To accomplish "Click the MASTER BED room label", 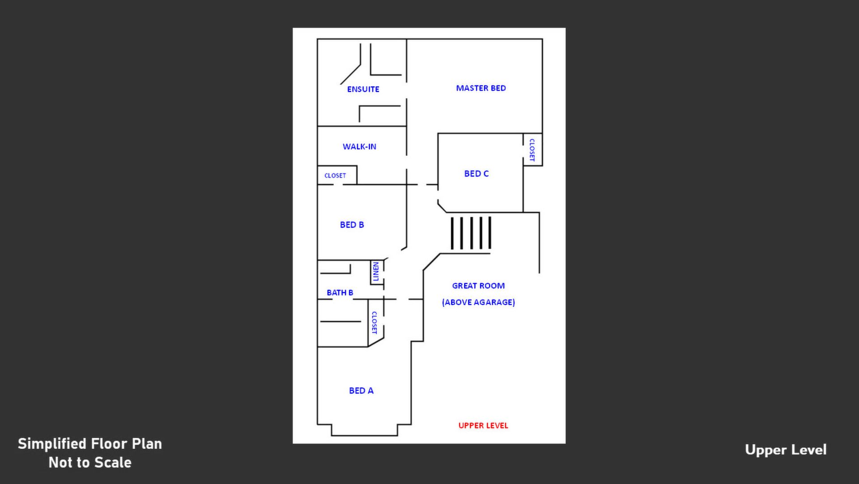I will [481, 88].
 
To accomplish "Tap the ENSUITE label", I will [363, 89].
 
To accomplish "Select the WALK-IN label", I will [359, 147].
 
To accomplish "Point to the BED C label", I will [476, 173].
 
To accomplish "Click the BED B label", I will [352, 225].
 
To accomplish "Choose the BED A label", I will [361, 390].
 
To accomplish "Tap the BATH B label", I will [340, 293].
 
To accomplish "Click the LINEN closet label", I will [376, 272].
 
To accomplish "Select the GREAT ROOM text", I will [478, 285].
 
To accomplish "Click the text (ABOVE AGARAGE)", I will [478, 302].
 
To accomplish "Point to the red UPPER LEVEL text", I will [483, 425].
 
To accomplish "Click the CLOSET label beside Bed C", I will [532, 150].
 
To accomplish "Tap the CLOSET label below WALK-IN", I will [335, 176].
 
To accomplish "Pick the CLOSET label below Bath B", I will [374, 323].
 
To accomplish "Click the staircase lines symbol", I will [471, 233].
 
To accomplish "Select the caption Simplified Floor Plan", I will [90, 444].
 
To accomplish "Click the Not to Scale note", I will [90, 462].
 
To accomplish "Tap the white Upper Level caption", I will [786, 449].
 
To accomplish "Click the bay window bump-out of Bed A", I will [364, 430].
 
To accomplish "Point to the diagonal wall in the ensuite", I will [350, 74].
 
